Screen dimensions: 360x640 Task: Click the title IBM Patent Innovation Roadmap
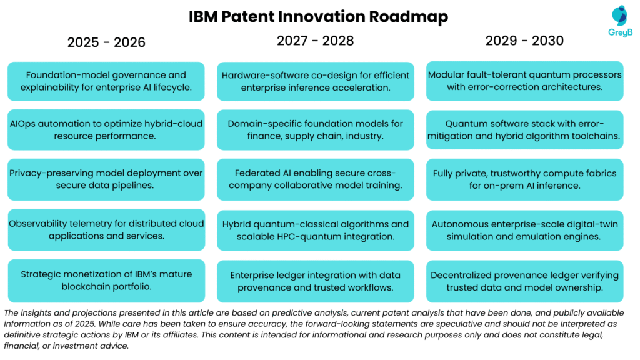(x=319, y=16)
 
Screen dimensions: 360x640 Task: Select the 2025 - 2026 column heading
(x=106, y=42)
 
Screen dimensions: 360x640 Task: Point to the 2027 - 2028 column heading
(x=315, y=41)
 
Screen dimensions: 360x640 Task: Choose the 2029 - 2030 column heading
(x=524, y=41)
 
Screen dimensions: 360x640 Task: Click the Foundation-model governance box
(x=106, y=81)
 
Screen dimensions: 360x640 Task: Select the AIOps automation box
(x=106, y=130)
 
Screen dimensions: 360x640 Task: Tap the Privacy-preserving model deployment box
(x=106, y=179)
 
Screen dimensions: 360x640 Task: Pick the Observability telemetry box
(x=106, y=230)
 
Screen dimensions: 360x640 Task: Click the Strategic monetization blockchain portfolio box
(x=106, y=281)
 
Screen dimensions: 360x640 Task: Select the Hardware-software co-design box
(x=315, y=81)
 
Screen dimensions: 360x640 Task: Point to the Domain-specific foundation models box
(x=315, y=130)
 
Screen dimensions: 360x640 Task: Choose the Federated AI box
(x=315, y=179)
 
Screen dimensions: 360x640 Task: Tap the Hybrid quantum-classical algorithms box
(x=315, y=230)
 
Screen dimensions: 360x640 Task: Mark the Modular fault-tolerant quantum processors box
(x=524, y=81)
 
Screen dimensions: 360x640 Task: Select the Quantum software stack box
(x=524, y=129)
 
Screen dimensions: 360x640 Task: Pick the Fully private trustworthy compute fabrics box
(x=524, y=179)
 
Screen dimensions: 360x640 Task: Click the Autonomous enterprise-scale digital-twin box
(x=524, y=230)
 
